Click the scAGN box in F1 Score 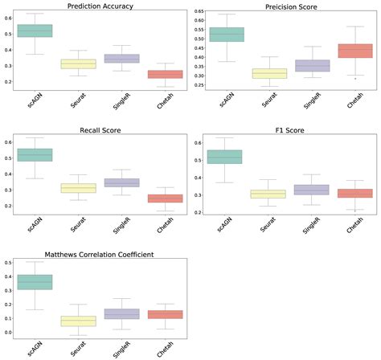pyautogui.click(x=224, y=157)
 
